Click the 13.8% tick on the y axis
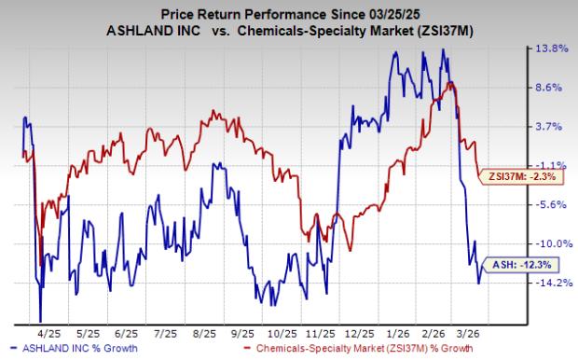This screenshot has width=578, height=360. (x=549, y=48)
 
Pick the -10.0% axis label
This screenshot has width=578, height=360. (x=549, y=242)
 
